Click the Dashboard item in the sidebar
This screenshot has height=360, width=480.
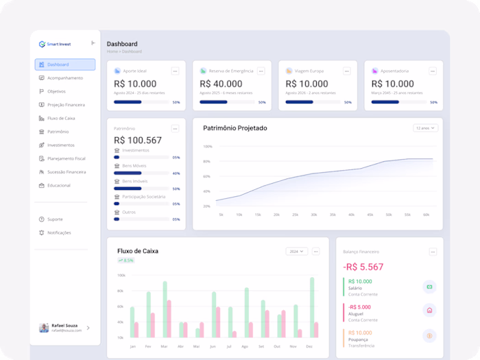(x=64, y=64)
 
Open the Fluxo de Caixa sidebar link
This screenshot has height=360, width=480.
(x=61, y=118)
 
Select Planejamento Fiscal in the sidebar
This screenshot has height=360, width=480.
(x=66, y=158)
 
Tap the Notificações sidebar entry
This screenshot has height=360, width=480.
(x=59, y=232)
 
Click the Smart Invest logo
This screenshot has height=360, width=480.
(x=55, y=44)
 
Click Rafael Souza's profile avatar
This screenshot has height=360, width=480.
(x=44, y=328)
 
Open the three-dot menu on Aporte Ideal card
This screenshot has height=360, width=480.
(x=175, y=71)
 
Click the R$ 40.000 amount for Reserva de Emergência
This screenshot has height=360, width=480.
(x=222, y=84)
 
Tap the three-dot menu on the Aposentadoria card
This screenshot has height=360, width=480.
(x=433, y=71)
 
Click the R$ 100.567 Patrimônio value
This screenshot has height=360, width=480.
(x=138, y=141)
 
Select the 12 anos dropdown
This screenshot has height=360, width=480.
(x=425, y=128)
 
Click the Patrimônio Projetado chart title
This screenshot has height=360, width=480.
(x=235, y=128)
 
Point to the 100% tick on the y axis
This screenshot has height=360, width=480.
(x=207, y=146)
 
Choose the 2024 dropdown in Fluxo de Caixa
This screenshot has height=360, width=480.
(x=297, y=252)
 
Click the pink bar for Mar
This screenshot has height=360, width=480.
(x=169, y=318)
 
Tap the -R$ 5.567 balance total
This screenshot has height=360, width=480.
(x=363, y=267)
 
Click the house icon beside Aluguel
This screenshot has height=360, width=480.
(x=429, y=311)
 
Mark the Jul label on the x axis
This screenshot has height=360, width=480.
(x=230, y=347)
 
